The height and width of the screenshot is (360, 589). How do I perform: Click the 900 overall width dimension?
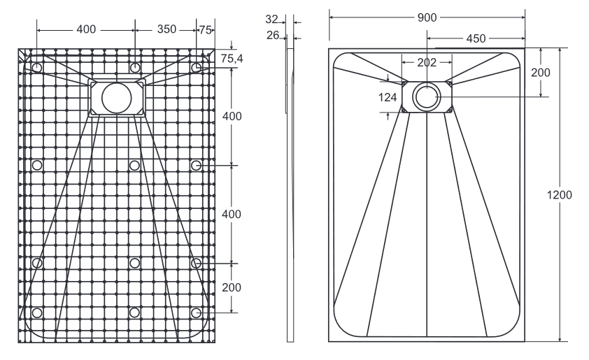[x=427, y=17]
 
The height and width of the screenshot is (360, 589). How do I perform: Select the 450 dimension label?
[x=476, y=38]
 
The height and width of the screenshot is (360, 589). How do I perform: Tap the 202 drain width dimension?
[x=427, y=62]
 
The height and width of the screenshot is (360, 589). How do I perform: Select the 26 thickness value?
[x=273, y=35]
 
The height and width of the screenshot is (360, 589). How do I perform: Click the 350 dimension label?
[x=166, y=30]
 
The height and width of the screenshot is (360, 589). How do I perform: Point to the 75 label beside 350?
[x=206, y=30]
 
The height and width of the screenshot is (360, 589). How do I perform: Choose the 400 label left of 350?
[x=86, y=30]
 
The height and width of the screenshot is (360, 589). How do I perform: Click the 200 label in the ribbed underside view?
[x=232, y=288]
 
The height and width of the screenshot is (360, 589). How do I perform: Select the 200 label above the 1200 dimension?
[x=541, y=73]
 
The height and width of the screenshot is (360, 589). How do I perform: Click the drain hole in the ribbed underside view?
[x=116, y=98]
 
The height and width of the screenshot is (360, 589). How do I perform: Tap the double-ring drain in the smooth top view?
[x=427, y=96]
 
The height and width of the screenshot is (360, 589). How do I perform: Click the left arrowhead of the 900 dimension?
[x=332, y=17]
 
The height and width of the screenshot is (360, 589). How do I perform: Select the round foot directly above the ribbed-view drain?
[x=134, y=67]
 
